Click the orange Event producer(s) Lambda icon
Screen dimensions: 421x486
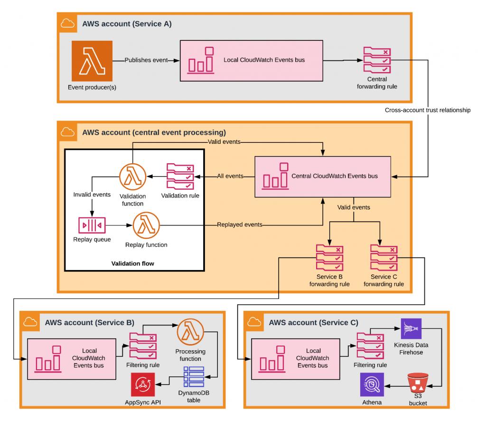[x=92, y=61]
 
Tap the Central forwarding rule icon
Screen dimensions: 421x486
[x=377, y=60]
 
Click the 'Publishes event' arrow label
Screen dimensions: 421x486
[x=146, y=60]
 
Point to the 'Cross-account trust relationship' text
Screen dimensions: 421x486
[x=428, y=110]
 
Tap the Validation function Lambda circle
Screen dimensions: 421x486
[x=132, y=177]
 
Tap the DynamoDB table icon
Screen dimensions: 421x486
[x=194, y=378]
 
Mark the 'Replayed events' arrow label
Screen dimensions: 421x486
[x=240, y=224]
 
